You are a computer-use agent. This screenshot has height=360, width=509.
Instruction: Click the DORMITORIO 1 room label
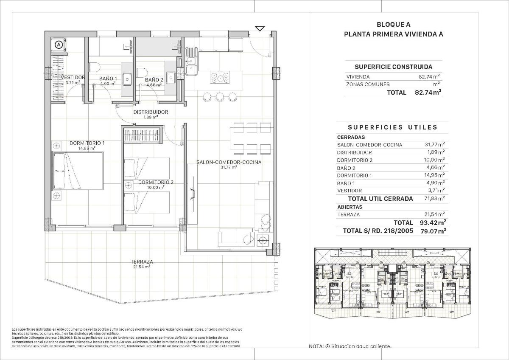(x=87, y=143)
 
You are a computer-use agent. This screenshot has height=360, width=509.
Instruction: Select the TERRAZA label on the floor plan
(x=142, y=262)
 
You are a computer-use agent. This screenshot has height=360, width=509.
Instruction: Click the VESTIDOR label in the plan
(x=73, y=78)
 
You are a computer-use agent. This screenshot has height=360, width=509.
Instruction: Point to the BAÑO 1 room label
(x=108, y=79)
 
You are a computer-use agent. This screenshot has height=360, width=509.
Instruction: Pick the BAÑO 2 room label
(x=154, y=80)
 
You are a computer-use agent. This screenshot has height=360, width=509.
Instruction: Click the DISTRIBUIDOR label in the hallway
(x=151, y=112)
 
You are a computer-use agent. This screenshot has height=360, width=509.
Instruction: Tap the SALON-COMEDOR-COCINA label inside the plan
(x=229, y=162)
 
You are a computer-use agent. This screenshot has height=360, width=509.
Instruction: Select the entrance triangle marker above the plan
(x=260, y=29)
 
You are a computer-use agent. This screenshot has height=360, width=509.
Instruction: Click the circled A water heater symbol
(x=59, y=44)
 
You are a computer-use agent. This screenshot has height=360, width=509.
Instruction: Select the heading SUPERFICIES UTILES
(x=392, y=127)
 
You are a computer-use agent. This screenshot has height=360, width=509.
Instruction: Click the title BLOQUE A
(x=393, y=25)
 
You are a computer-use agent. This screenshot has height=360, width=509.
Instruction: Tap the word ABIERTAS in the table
(x=350, y=207)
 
